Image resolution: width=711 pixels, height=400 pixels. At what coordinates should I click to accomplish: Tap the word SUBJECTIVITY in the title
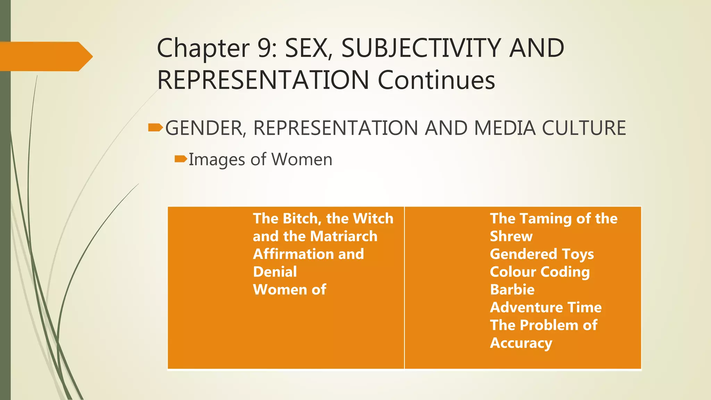tap(421, 48)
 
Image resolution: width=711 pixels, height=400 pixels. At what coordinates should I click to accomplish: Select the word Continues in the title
tap(436, 80)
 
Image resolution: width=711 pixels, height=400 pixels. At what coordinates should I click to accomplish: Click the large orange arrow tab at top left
tap(45, 56)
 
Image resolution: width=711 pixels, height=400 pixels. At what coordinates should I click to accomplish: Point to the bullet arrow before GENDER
tap(155, 128)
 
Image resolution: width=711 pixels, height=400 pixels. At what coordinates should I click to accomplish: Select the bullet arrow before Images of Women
tap(181, 159)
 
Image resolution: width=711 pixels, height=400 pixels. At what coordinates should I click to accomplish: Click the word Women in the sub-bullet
tap(302, 159)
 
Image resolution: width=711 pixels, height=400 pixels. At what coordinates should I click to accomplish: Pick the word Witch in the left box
tap(373, 218)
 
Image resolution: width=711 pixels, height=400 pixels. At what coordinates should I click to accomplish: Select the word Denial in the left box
tap(275, 272)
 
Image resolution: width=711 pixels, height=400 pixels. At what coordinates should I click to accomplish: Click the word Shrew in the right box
tap(511, 236)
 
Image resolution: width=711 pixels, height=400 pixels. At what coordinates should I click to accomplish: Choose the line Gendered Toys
tap(542, 254)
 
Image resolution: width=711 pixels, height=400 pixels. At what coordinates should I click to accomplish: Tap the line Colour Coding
tap(539, 272)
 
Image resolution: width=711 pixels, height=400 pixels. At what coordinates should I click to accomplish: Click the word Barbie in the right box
tap(512, 289)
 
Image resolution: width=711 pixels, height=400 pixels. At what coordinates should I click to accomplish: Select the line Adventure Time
tap(545, 307)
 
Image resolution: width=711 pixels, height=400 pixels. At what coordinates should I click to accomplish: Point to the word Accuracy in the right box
tap(521, 343)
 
